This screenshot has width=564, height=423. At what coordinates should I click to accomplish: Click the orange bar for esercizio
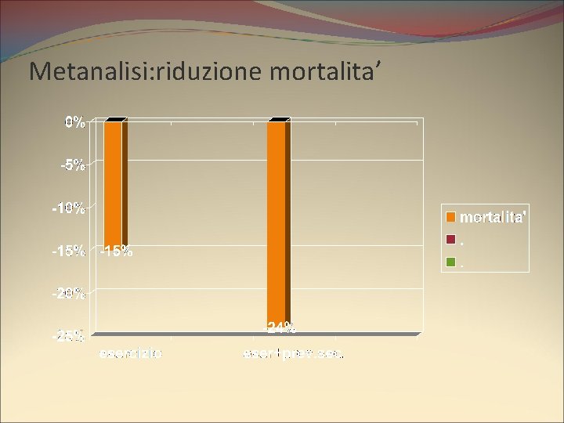tap(114, 184)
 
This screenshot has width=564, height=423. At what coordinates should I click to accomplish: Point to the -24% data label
tap(280, 326)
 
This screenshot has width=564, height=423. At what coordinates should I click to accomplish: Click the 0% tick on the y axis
tap(75, 122)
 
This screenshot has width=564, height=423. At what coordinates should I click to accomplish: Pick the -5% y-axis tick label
tap(74, 165)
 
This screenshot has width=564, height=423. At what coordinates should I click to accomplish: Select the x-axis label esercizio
tap(131, 354)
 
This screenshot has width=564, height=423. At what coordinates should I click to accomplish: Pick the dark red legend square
tap(451, 239)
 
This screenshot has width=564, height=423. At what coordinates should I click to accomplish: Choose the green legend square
tap(451, 262)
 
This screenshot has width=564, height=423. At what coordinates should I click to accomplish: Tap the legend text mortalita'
tap(493, 216)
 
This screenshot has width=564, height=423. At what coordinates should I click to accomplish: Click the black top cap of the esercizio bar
tap(115, 119)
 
